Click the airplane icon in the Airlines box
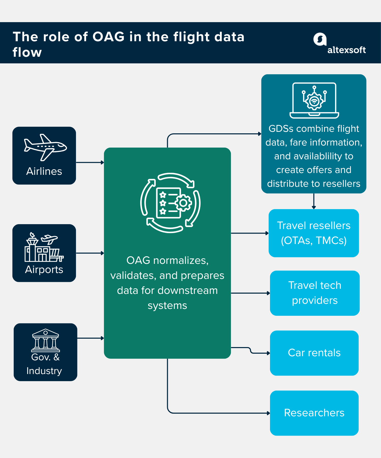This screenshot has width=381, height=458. pos(45,147)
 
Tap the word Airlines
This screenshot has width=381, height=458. pos(44,171)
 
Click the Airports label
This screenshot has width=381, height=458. pos(44,269)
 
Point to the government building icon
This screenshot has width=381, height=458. pos(45,340)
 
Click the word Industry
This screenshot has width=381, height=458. pos(44,371)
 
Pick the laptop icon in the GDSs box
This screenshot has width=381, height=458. pos(314,101)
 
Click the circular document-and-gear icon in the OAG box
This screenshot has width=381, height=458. pos(170,203)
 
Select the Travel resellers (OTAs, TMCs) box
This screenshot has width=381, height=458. pos(314,233)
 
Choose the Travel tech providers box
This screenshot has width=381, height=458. pos(315,293)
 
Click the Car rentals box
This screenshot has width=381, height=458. pos(314,353)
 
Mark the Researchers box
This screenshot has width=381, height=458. pos(314,413)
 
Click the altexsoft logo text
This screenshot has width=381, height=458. pos(346,50)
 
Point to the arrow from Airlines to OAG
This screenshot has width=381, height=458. pos(90,162)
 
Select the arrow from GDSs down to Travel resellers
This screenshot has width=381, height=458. pos(314,201)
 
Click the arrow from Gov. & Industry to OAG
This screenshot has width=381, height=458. pos(90,338)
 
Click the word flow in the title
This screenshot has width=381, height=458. pos(27,52)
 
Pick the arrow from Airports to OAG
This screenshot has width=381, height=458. pos(90,253)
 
